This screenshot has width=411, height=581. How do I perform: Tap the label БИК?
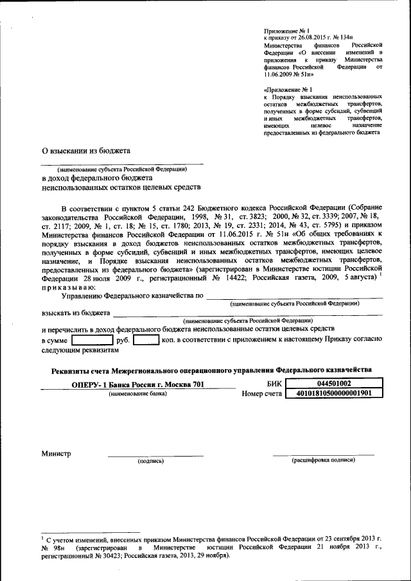[266, 384]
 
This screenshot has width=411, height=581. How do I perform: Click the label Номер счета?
[262, 394]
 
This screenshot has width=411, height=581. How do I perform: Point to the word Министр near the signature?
[57, 453]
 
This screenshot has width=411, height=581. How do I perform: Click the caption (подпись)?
[151, 460]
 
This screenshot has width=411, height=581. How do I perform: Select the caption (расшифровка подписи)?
[323, 460]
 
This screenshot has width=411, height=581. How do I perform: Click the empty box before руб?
[92, 340]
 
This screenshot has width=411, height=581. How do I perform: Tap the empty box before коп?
[146, 340]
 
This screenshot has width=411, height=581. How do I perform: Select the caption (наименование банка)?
[137, 394]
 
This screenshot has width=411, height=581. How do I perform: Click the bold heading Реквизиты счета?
[211, 370]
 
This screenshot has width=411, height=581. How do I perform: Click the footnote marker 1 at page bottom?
[42, 535]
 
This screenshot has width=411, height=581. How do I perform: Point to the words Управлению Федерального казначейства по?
[132, 295]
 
